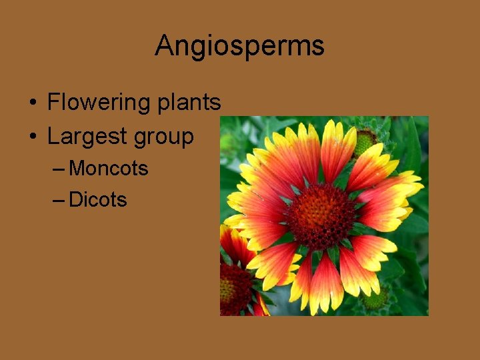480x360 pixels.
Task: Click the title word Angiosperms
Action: click(x=239, y=46)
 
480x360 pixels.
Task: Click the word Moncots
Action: click(x=109, y=168)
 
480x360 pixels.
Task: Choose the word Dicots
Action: click(x=98, y=199)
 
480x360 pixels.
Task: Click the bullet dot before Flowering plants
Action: click(x=33, y=103)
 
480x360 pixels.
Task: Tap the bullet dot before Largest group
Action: click(x=33, y=137)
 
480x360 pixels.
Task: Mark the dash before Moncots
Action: click(x=58, y=169)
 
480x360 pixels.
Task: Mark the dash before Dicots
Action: click(x=58, y=200)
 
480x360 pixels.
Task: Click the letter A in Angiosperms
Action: click(x=164, y=46)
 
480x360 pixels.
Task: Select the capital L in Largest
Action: click(x=53, y=137)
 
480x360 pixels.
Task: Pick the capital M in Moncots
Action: click(x=77, y=168)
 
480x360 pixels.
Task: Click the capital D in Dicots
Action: click(x=75, y=199)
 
